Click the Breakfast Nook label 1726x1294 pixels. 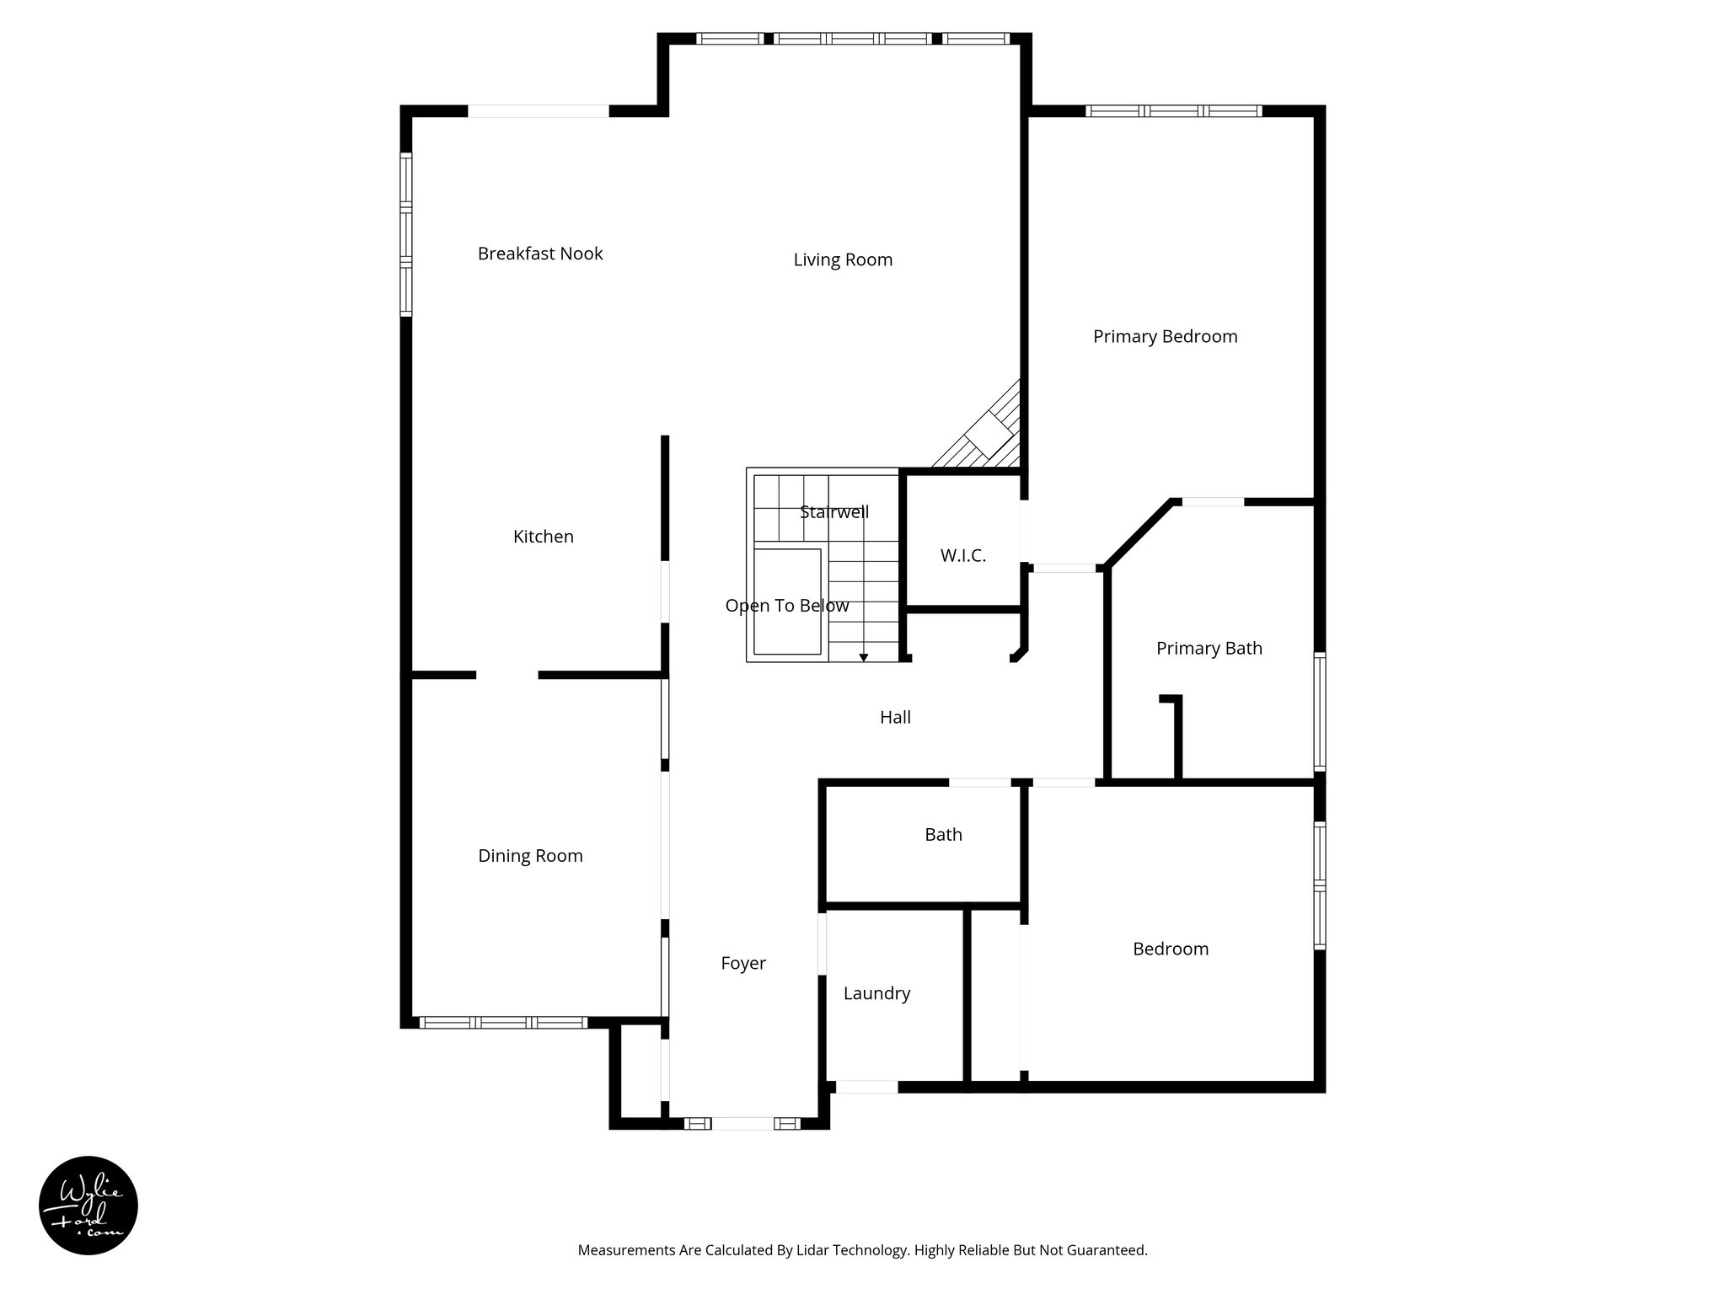coord(540,254)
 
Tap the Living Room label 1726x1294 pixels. coord(843,259)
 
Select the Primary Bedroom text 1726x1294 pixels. coord(1165,336)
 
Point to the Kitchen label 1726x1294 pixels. coord(543,537)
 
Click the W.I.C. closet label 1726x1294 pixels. coord(962,555)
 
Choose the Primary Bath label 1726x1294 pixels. coord(1209,648)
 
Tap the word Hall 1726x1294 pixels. coord(895,717)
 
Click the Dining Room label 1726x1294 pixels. coord(530,856)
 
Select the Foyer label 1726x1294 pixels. coord(742,963)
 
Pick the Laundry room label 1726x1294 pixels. coord(876,993)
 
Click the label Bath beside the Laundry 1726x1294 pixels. coord(943,834)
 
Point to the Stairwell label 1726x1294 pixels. coord(834,512)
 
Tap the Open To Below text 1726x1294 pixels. coord(787,606)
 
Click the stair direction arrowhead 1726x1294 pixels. coord(864,657)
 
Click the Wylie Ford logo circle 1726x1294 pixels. coord(88,1206)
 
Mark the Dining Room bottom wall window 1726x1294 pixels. coord(503,1022)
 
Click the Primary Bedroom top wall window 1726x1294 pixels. coord(1173,110)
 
